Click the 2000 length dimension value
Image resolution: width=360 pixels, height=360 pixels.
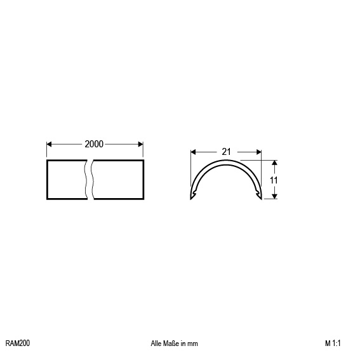[94, 144]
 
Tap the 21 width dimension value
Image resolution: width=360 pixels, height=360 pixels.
[226, 152]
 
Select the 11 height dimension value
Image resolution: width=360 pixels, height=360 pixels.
[274, 180]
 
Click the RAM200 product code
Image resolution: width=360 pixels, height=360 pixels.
[18, 343]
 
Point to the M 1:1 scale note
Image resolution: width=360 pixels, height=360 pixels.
[333, 343]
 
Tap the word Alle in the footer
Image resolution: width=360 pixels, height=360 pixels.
[156, 343]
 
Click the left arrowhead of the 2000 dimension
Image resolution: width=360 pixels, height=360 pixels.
[49, 144]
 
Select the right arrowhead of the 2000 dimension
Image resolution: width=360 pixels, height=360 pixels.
[140, 144]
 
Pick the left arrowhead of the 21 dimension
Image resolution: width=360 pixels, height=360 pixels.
[193, 152]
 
